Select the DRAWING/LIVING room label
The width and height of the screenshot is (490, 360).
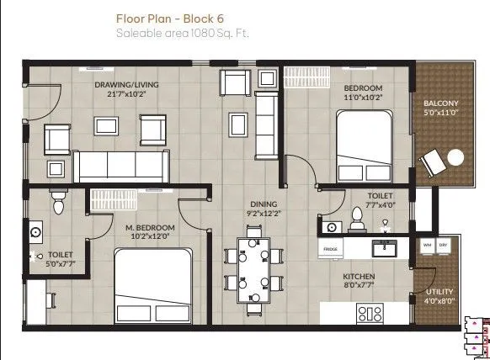point(123,84)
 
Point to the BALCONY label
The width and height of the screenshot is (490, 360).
point(440,104)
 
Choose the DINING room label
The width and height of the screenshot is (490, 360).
point(264,203)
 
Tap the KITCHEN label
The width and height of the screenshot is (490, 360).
point(358,276)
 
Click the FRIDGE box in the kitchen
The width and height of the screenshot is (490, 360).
point(330,250)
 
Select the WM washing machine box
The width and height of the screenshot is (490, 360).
point(426,246)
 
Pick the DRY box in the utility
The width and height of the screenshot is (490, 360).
point(445,246)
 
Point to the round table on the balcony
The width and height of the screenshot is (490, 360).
point(455,156)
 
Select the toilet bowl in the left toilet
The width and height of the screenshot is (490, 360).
point(58,203)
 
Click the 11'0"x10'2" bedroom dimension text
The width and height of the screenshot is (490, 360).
point(364,98)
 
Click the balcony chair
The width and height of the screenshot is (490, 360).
point(434,161)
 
